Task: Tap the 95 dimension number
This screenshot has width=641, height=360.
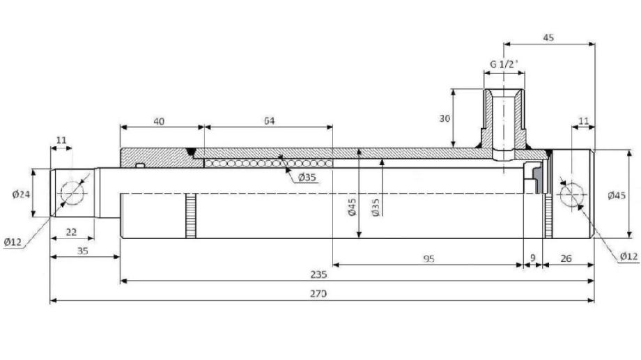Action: [428, 258]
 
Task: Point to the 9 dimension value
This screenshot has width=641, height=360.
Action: [533, 258]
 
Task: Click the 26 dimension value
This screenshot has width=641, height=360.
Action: [566, 258]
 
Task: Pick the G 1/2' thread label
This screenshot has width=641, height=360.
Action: [504, 64]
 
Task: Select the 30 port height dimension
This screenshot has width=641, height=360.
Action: [445, 118]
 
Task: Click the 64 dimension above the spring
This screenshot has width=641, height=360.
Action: [269, 120]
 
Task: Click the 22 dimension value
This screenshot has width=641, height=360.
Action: [71, 232]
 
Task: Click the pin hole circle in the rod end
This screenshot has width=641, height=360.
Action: [72, 192]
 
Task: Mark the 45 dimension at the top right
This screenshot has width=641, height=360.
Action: [548, 38]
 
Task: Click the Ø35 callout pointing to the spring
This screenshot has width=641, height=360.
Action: [307, 178]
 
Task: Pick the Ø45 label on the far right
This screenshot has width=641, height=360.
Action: [617, 195]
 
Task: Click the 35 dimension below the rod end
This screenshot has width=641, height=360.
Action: [82, 251]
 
